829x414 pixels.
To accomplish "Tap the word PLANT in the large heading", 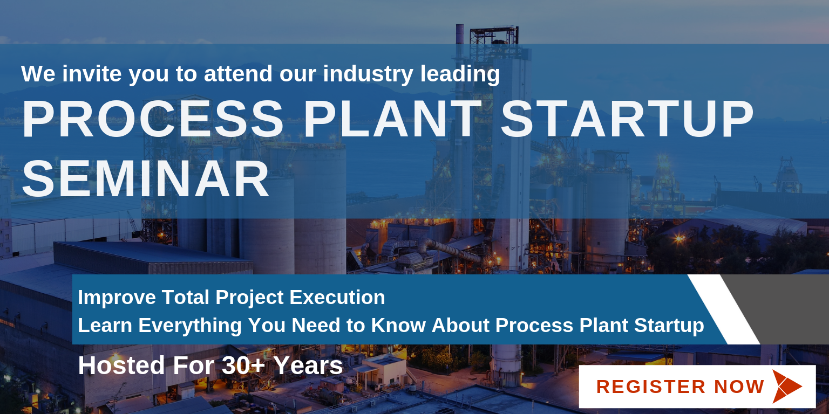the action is coord(393,119).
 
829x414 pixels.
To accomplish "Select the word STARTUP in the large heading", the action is coord(627,119).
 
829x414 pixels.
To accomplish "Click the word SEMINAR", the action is coord(145,180).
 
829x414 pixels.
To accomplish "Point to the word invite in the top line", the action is coord(92,73).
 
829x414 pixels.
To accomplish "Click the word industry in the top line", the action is coord(368,74).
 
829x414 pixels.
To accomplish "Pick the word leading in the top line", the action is coord(460,74).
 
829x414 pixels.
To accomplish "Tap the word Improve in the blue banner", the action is coord(117,298).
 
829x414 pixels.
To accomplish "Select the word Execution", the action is coord(337,297).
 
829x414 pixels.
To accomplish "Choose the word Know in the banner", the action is coord(398,325).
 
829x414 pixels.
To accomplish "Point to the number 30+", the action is coord(243,365).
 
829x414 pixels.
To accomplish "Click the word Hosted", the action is coord(121,365).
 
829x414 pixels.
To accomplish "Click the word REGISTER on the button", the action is coord(650,387).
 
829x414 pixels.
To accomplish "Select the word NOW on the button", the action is coord(739,387).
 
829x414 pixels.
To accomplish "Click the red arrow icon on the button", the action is coord(786,387).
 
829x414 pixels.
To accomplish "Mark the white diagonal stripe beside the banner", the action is coord(724,309).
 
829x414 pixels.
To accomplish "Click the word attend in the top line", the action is coord(238,73).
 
